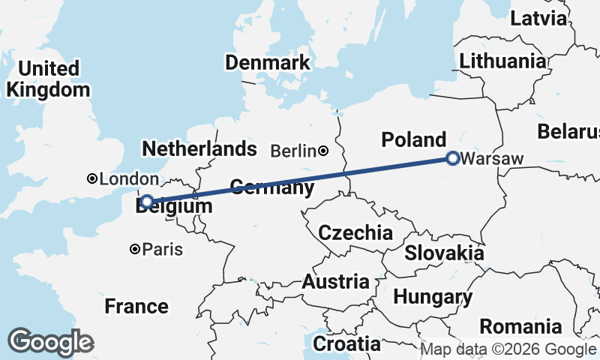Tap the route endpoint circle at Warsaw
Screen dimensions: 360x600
click(x=452, y=158)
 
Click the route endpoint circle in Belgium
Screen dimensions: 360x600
click(x=148, y=201)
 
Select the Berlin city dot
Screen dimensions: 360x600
click(x=323, y=151)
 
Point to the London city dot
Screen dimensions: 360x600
click(x=91, y=178)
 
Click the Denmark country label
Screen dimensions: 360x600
click(x=268, y=62)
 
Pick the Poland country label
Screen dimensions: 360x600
click(x=413, y=139)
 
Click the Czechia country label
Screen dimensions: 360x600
click(x=355, y=232)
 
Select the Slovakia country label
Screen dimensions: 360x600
click(x=444, y=253)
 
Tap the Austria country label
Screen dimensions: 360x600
click(x=335, y=283)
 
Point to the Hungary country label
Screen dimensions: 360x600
click(x=433, y=297)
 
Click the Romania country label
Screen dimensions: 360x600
click(x=520, y=327)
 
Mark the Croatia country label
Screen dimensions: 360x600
click(x=346, y=344)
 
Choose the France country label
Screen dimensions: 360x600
click(x=136, y=306)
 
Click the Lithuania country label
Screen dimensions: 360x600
click(x=503, y=61)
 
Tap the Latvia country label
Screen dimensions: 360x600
click(x=538, y=19)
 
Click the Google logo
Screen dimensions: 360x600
click(x=50, y=342)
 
